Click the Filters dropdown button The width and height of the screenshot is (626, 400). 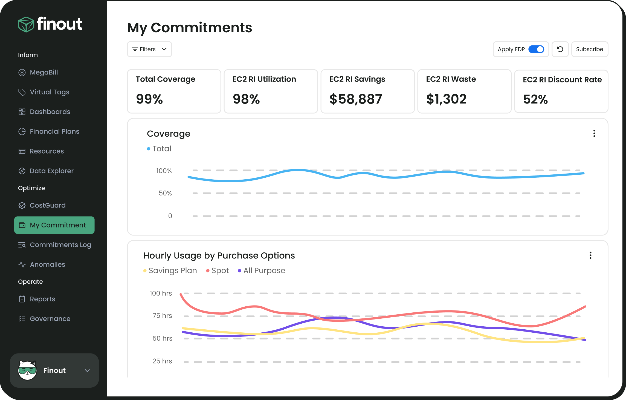tap(149, 49)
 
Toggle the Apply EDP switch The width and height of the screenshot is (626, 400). tap(536, 49)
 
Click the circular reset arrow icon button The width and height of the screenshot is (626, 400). tap(560, 49)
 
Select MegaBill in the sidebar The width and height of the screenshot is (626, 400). tap(44, 72)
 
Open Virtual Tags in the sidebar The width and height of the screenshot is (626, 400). tap(49, 92)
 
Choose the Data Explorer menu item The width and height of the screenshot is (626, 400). tap(51, 171)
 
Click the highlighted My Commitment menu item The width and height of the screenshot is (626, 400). tap(54, 225)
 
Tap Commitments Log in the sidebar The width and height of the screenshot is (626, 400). tap(60, 245)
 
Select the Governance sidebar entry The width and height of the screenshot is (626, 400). tap(50, 319)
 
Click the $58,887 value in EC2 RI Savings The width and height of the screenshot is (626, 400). tap(355, 99)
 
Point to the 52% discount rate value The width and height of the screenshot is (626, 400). tap(535, 99)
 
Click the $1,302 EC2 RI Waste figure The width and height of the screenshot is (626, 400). tap(446, 99)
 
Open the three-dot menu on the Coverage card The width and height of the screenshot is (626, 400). tap(594, 133)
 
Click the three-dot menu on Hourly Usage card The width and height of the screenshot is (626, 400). tap(590, 255)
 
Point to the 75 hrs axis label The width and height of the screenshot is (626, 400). tap(162, 316)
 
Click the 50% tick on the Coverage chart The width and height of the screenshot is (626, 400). tap(165, 193)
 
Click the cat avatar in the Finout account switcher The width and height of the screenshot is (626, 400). tap(27, 370)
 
